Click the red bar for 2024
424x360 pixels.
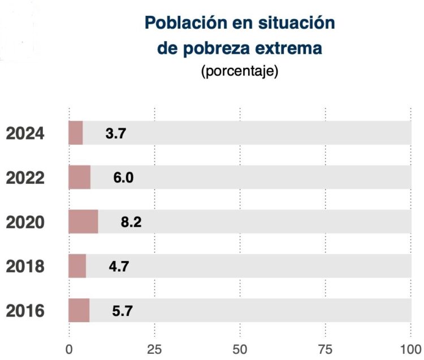(76, 133)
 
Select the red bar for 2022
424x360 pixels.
(79, 177)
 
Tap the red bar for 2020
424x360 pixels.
(83, 222)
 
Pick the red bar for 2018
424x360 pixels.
(77, 266)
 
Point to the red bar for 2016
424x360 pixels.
(79, 310)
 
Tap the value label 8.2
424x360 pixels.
(131, 222)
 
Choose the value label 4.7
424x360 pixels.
(119, 266)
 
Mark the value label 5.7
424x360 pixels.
(123, 310)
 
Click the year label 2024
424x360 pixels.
(25, 134)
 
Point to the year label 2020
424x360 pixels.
(25, 223)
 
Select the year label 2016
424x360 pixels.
(25, 311)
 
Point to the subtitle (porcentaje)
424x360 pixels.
(240, 72)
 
